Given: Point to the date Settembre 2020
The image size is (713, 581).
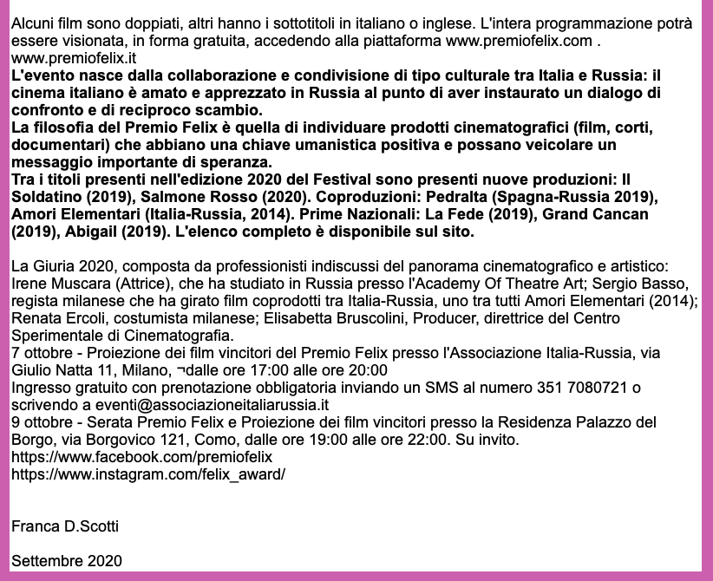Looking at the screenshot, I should pos(68,561).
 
